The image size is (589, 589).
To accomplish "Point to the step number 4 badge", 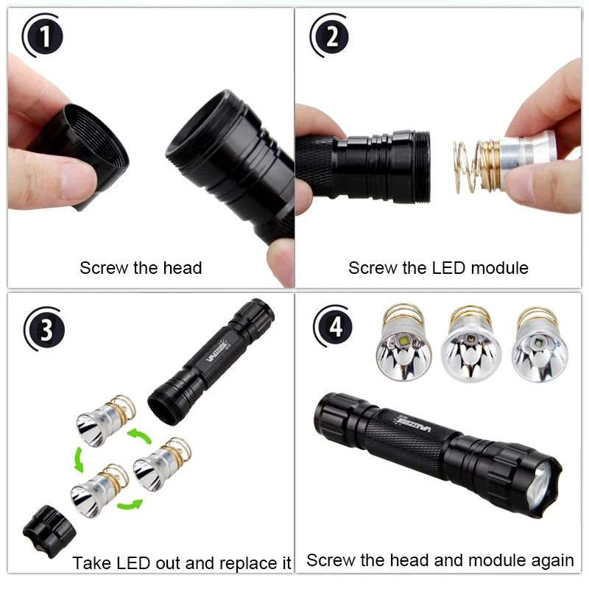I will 335,326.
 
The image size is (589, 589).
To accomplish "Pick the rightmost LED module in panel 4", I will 540,347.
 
